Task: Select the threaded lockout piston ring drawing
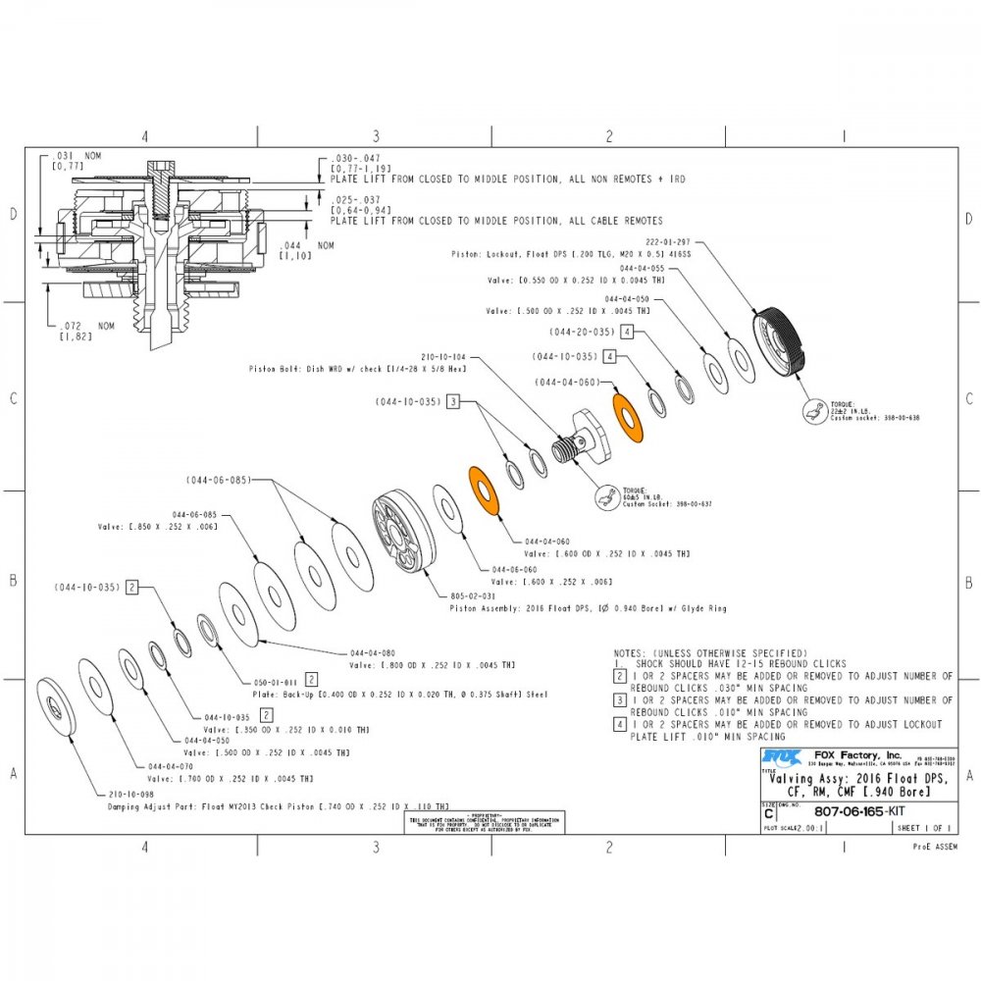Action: click(782, 341)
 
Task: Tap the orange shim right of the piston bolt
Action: click(625, 417)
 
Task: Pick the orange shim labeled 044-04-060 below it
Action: click(484, 487)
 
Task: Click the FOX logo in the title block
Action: click(776, 756)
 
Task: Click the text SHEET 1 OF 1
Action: click(921, 828)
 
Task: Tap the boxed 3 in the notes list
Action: click(619, 700)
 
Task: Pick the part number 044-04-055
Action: click(643, 268)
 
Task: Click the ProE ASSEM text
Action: click(933, 846)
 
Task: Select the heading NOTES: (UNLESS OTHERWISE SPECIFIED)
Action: click(710, 652)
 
